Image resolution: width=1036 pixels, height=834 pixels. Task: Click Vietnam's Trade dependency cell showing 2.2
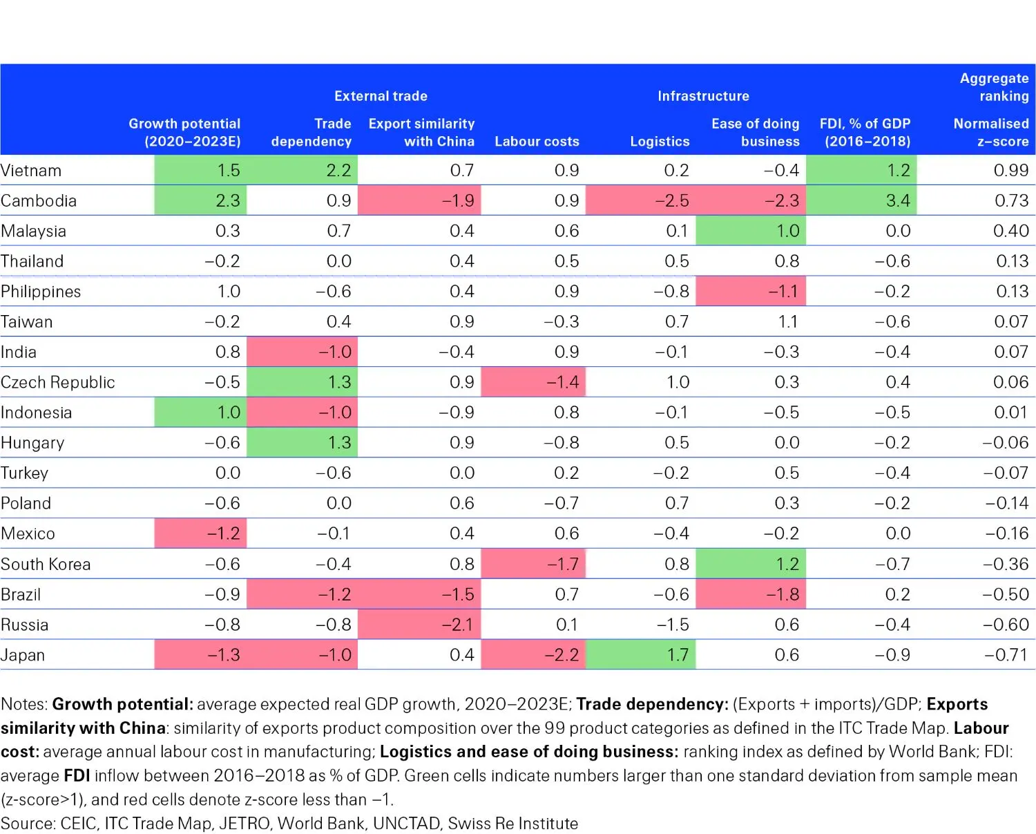(338, 170)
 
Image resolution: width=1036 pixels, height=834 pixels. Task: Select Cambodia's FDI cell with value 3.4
(897, 200)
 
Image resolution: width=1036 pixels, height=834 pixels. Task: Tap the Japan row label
(23, 655)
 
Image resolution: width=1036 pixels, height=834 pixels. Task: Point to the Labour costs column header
(537, 142)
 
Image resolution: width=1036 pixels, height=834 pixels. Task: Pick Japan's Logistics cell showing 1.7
(677, 655)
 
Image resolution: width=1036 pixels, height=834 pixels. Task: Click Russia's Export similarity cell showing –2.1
(457, 625)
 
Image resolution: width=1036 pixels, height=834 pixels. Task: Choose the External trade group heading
(381, 96)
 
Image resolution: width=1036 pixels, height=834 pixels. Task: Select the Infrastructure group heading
(703, 96)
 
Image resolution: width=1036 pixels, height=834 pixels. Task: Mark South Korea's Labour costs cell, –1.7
(562, 564)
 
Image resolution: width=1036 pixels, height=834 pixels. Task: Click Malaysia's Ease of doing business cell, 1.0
(787, 231)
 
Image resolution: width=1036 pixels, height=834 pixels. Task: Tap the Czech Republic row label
(58, 382)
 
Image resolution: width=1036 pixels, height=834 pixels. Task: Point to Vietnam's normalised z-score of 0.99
(1010, 170)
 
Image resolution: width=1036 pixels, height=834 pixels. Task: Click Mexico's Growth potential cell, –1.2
(223, 533)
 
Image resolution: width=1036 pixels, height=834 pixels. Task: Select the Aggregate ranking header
(994, 87)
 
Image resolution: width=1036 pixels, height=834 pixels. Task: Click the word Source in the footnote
(28, 824)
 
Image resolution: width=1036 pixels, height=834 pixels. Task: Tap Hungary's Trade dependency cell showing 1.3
(338, 443)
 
